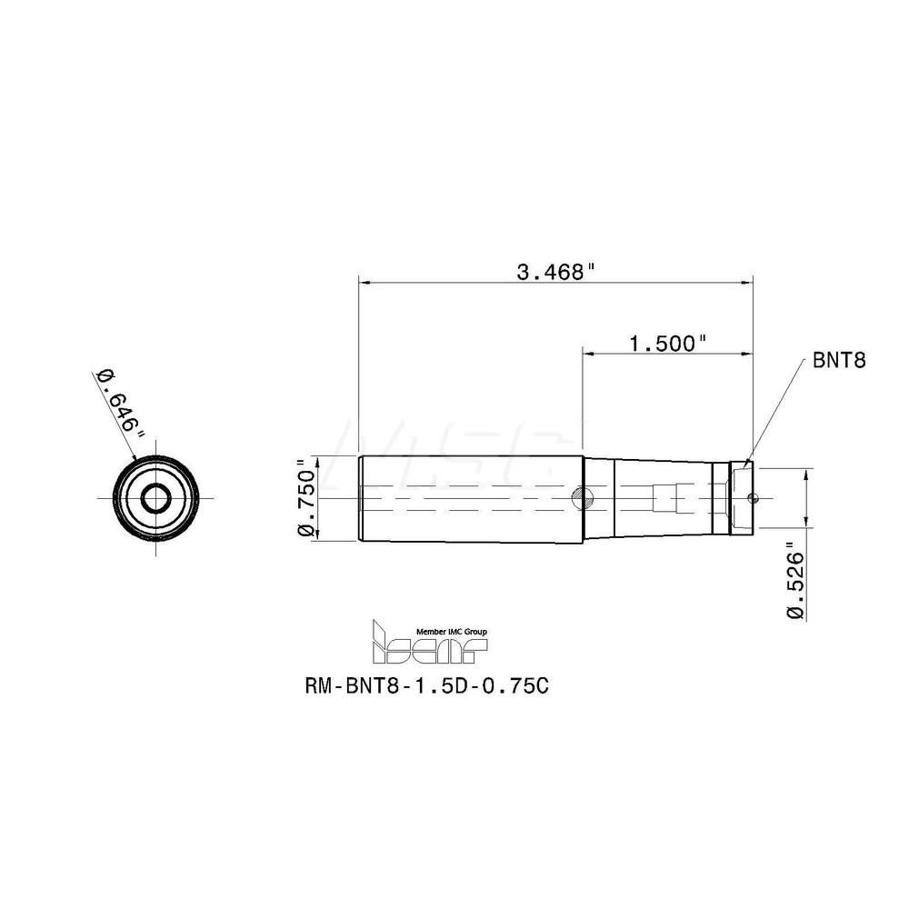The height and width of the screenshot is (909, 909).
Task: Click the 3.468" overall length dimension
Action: point(555,271)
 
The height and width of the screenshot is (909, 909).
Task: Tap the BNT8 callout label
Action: point(837,360)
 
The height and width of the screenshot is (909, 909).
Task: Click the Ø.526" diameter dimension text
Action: point(796,582)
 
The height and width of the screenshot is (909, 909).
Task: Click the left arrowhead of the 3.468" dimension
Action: point(364,284)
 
